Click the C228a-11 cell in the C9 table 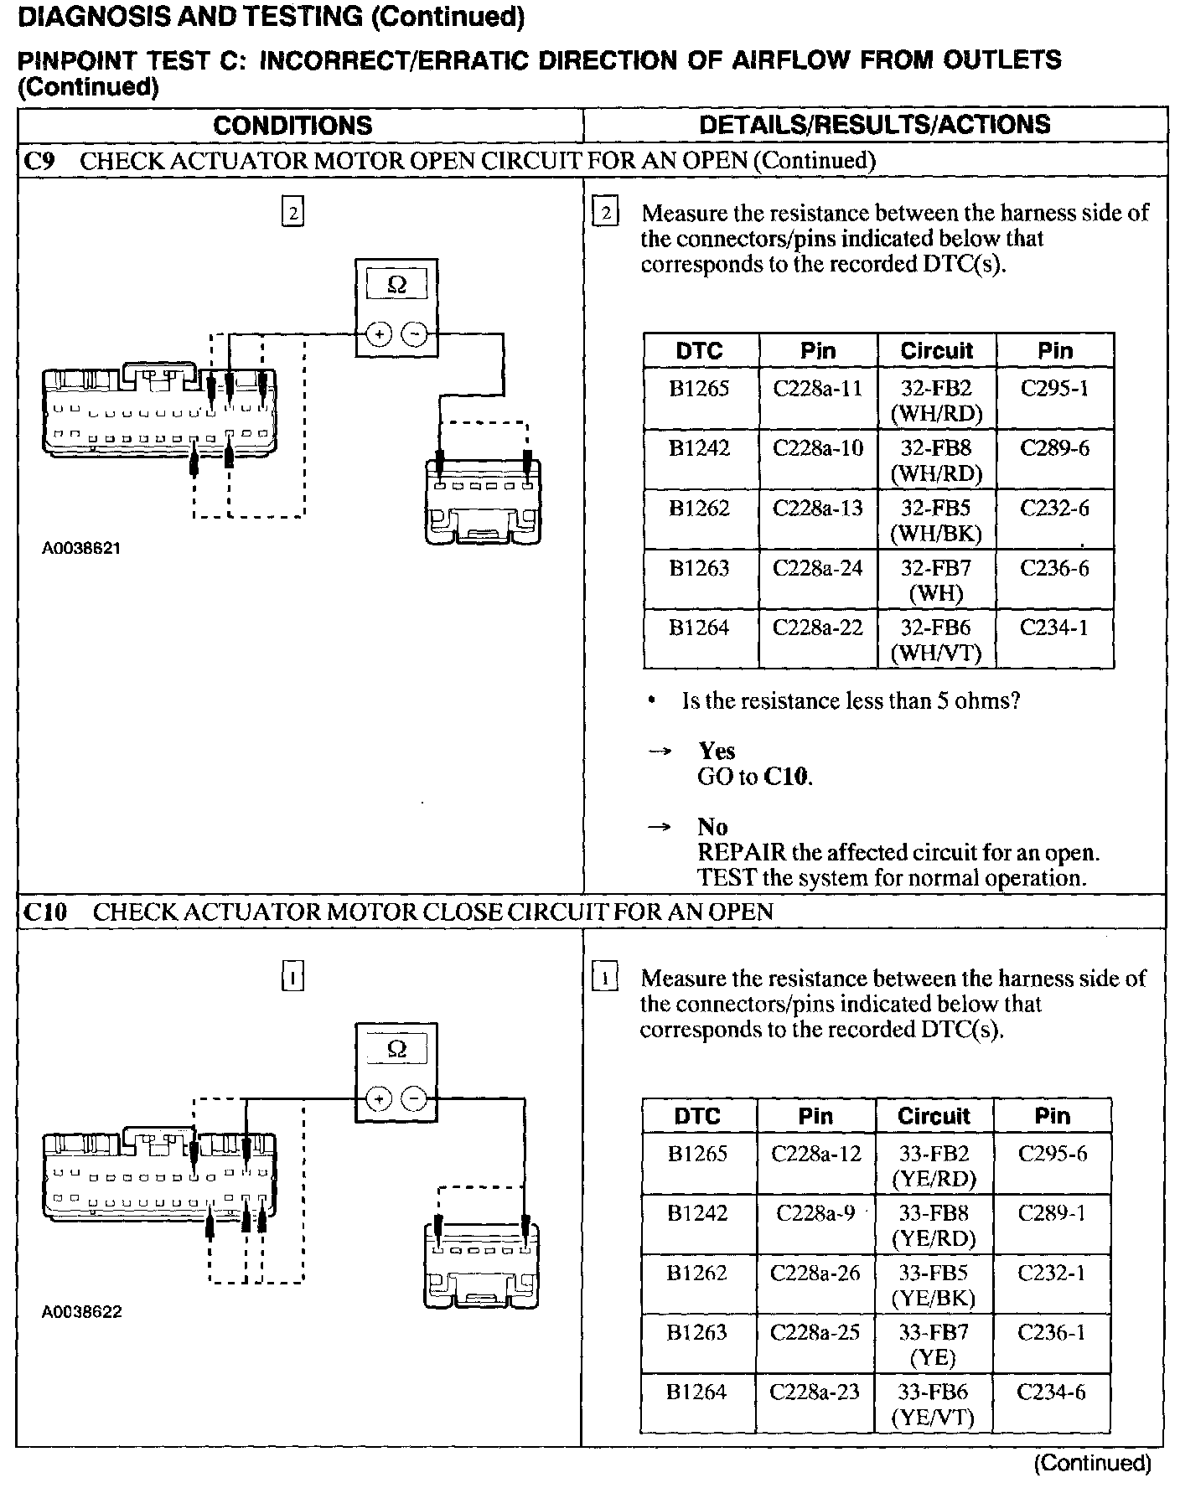(817, 389)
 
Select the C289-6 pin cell (1054, 448)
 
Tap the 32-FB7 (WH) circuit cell (936, 581)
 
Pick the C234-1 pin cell (1054, 628)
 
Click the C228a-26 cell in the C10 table (815, 1273)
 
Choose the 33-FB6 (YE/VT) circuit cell (934, 1404)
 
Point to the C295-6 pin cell (1052, 1154)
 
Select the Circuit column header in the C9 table (936, 350)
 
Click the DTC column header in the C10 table (697, 1116)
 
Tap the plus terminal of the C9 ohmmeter (380, 334)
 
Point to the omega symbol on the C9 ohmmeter (397, 285)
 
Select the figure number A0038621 (81, 549)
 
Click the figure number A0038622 (81, 1312)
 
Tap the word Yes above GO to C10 (717, 751)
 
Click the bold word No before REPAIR (712, 827)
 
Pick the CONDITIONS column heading (292, 126)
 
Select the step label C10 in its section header (44, 912)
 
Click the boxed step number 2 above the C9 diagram (292, 213)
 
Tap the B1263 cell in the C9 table (699, 569)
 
